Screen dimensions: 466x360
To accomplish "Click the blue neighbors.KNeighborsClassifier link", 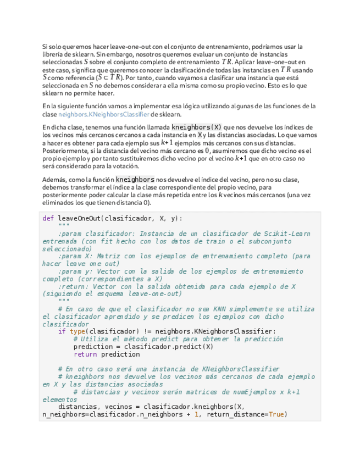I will coord(103,114).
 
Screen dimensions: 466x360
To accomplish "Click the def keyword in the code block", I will coord(48,218).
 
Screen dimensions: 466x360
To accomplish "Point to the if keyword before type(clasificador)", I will coord(62,331).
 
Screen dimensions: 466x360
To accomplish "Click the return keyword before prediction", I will coord(85,354).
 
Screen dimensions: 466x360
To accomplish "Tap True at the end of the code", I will coord(277,414).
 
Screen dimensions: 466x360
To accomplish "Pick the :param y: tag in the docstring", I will coord(76,271).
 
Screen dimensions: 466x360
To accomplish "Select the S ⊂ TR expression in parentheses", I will coord(109,77).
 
